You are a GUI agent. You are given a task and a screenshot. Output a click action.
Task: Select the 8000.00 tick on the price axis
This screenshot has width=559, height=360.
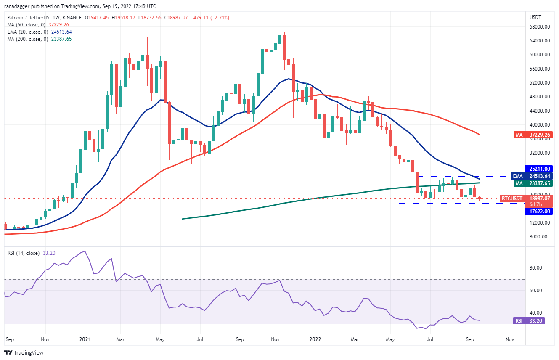[x=538, y=237]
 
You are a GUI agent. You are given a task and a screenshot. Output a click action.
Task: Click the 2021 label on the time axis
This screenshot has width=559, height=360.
[x=85, y=339]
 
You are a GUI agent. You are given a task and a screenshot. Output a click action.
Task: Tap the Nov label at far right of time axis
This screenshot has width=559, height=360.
[x=509, y=339]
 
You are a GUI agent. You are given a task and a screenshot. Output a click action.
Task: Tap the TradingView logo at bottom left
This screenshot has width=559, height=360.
[x=24, y=352]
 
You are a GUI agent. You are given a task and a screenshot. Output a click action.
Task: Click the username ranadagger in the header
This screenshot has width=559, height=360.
[x=18, y=6]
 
